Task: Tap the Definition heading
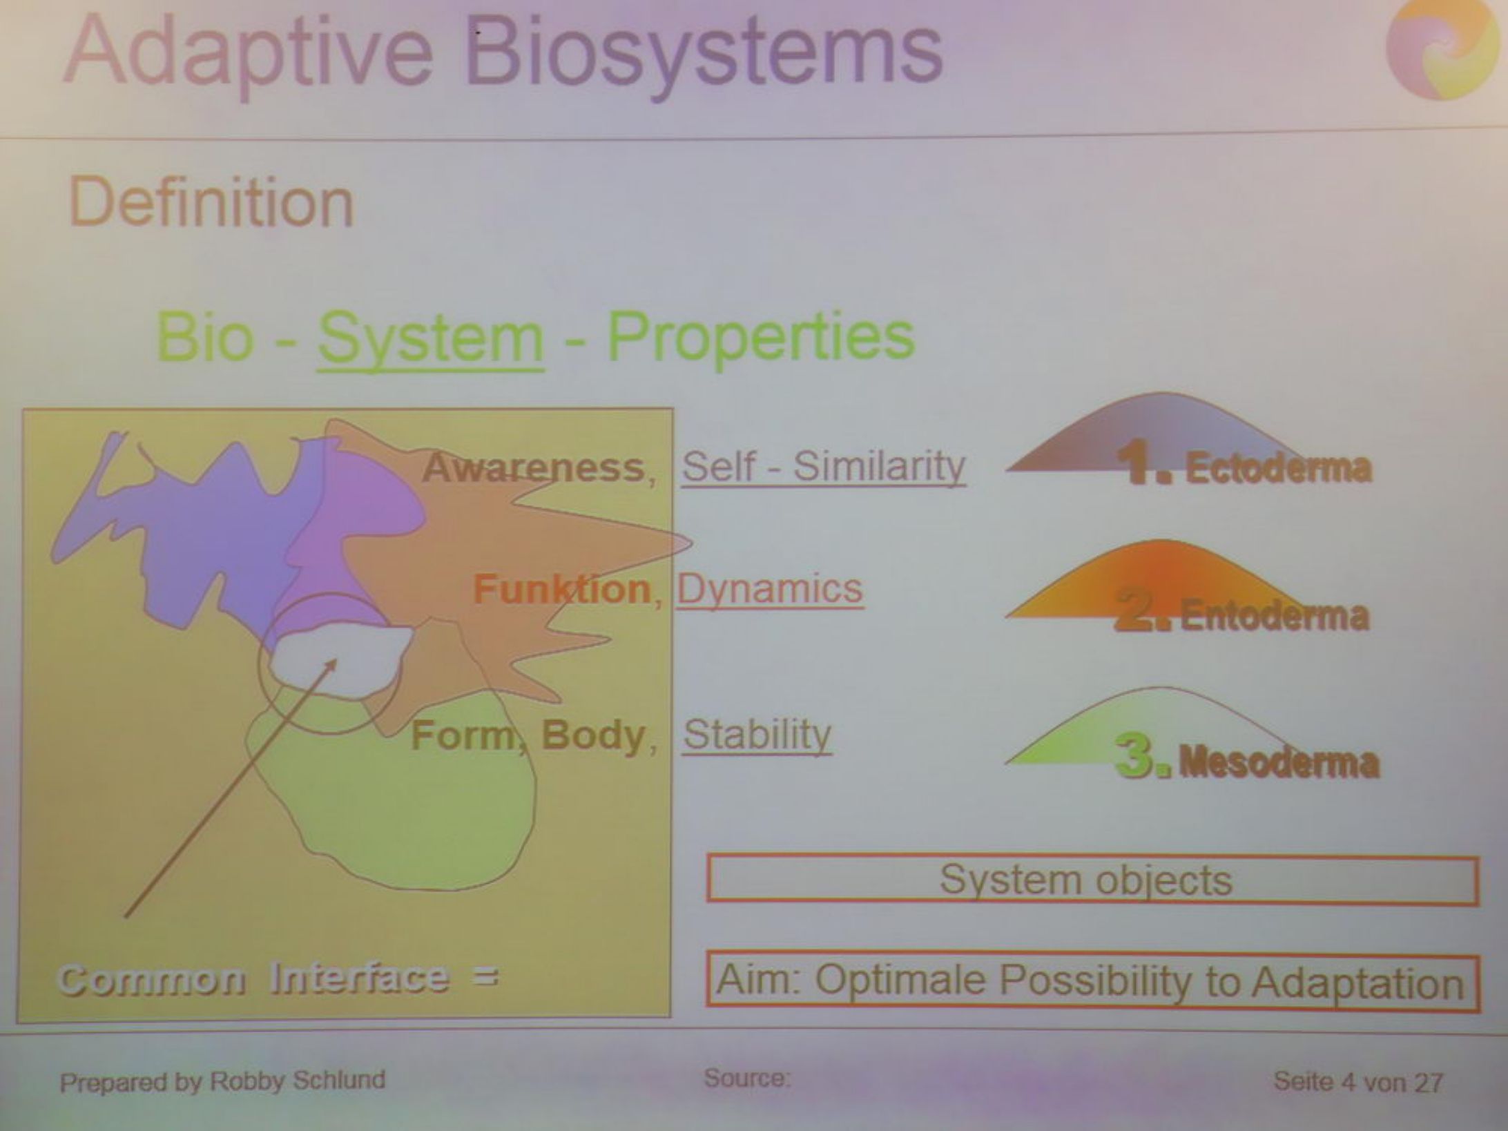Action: [x=212, y=202]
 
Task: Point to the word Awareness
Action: [x=534, y=467]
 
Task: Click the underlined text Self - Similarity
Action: [x=824, y=467]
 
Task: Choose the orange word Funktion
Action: [x=562, y=590]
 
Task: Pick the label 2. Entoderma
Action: [x=1241, y=612]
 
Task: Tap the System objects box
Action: [x=1093, y=879]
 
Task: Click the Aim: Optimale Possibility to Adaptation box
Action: [x=1092, y=981]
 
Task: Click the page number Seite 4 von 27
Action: [x=1357, y=1081]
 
